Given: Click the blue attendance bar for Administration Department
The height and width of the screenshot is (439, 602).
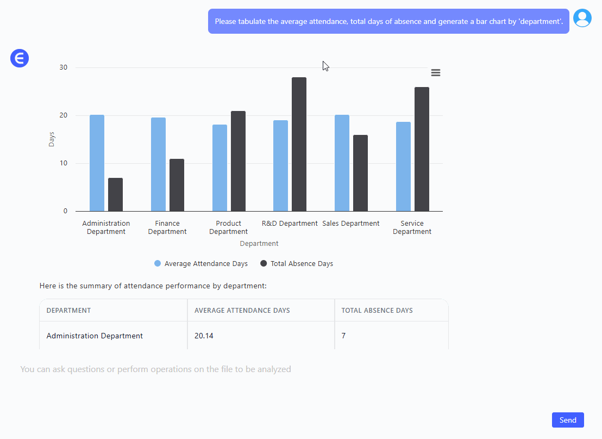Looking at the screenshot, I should pos(97,163).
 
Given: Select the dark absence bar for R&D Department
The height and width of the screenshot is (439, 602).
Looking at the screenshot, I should pos(299,144).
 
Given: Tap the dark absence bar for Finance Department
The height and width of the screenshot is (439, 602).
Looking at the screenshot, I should pos(177,185).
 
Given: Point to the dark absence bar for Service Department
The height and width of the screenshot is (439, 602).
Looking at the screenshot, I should pos(422,149).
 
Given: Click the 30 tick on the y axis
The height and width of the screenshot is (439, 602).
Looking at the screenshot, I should pos(64,67).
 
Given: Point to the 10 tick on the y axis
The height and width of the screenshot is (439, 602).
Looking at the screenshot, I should pos(64,163).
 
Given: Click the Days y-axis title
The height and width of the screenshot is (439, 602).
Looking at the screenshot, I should pos(52,139).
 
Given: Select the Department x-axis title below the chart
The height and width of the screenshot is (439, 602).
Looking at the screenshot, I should pos(259,244).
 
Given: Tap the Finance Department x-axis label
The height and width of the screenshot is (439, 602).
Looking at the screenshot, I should pos(167,227).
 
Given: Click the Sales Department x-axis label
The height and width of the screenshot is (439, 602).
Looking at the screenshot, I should pos(351,224).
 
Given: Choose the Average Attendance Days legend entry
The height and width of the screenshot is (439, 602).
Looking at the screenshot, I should pos(201,264).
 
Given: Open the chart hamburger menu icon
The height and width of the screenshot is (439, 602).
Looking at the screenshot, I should pos(436,73).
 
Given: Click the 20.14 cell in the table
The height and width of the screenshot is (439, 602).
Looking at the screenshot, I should pos(204,336).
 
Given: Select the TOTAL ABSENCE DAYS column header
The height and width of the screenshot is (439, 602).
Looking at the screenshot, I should pos(377,311).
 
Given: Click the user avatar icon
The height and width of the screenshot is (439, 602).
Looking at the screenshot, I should pos(582,18).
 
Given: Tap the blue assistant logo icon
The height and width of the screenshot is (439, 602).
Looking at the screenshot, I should pos(20,58).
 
